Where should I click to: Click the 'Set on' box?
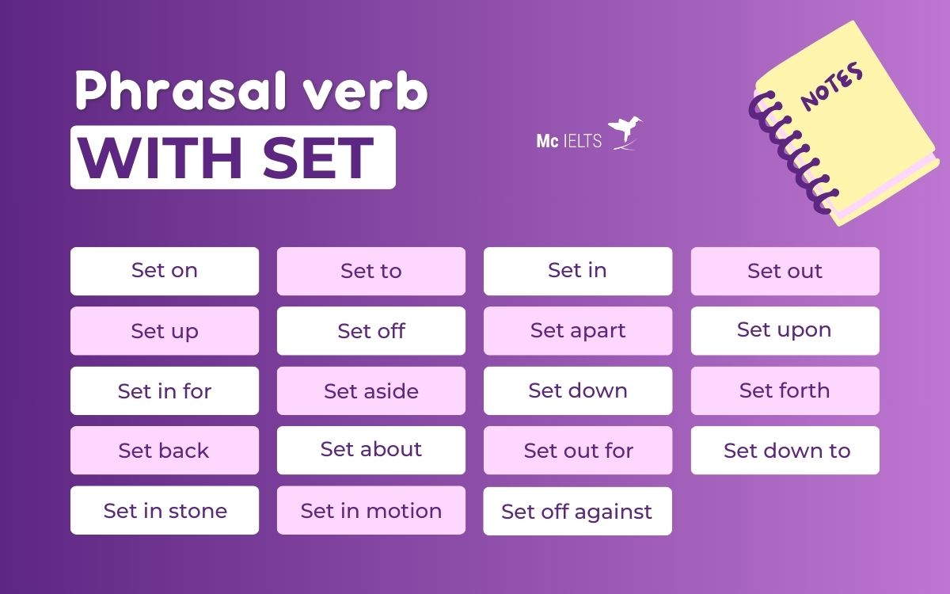[165, 271]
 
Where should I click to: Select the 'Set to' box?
[371, 271]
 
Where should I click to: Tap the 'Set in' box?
[578, 271]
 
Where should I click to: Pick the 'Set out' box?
[785, 271]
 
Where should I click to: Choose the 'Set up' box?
[165, 330]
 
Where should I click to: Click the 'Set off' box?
[371, 330]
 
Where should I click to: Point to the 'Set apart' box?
[578, 330]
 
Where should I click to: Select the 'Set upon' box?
[785, 330]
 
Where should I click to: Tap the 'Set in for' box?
[165, 390]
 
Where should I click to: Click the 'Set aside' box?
[371, 390]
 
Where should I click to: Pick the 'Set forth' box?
[785, 390]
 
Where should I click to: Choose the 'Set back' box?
[165, 450]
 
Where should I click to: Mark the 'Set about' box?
[371, 450]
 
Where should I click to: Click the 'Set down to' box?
[785, 450]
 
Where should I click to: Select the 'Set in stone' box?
[165, 510]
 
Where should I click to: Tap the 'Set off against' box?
[578, 511]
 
